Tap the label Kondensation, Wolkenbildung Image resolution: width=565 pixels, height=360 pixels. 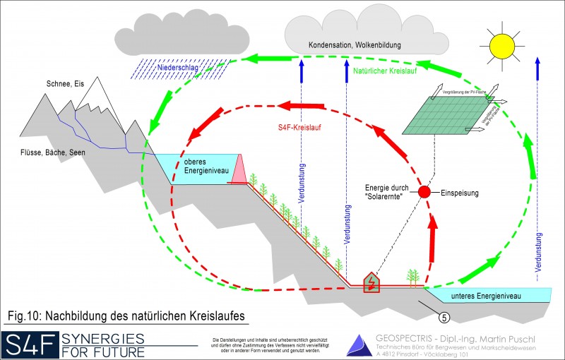coord(355,45)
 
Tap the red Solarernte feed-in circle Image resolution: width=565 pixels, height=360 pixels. coord(424,192)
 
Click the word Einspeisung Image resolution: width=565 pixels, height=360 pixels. coord(464,192)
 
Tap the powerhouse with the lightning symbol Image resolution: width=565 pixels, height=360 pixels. coord(370,282)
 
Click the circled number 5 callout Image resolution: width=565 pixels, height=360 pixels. coord(443,306)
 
